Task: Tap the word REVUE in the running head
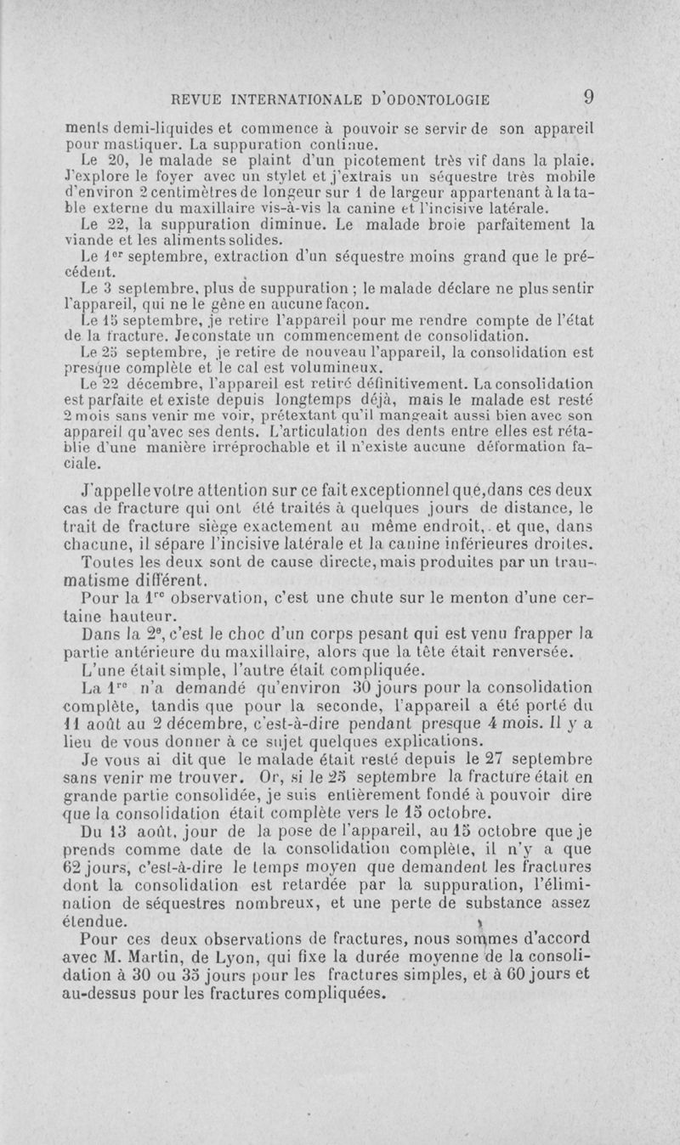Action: (x=197, y=99)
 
